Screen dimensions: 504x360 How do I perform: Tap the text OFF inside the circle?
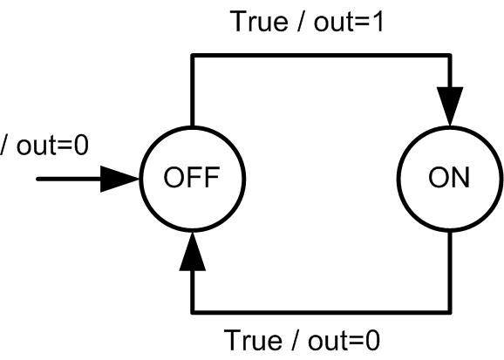[x=192, y=178]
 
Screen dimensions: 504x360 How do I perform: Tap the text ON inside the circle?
[x=449, y=178]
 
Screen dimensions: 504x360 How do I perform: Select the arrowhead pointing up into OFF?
[x=192, y=251]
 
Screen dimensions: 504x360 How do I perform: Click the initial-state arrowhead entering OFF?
[x=119, y=179]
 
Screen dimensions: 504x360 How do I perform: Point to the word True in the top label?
[x=259, y=22]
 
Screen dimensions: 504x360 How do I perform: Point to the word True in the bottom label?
[x=253, y=340]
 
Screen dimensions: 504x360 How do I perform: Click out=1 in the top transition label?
[x=349, y=22]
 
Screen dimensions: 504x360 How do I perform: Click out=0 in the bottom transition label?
[x=344, y=340]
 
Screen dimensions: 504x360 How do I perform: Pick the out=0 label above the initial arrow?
[x=52, y=146]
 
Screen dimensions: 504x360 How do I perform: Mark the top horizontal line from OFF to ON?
[x=321, y=56]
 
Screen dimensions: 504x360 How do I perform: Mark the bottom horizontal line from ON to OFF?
[x=321, y=312]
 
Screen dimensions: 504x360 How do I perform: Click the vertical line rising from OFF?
[x=193, y=91]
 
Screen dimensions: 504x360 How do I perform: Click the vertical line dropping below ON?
[x=450, y=272]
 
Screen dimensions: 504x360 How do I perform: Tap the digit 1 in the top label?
[x=378, y=22]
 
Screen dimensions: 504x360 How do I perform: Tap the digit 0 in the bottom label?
[x=373, y=340]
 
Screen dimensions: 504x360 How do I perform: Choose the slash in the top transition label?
[x=300, y=22]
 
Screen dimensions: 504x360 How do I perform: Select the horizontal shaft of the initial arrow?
[x=69, y=179]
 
